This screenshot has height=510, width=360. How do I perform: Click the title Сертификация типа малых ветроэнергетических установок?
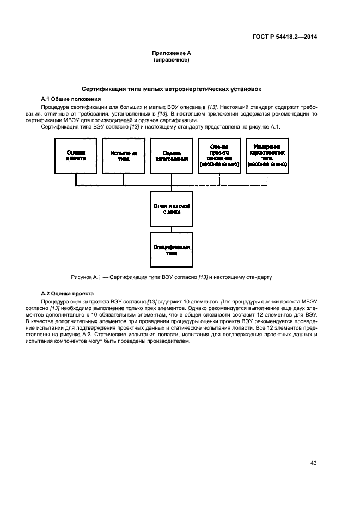(172, 88)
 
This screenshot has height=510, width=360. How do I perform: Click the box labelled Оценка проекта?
(76, 156)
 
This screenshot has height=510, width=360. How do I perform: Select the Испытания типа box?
(124, 156)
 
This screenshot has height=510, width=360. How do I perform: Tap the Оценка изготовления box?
(172, 156)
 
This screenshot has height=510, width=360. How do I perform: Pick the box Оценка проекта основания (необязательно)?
(219, 156)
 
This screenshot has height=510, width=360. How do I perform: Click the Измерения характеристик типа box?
(267, 156)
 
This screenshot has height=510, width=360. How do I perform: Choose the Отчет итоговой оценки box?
(172, 209)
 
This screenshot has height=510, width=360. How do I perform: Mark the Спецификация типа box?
(172, 250)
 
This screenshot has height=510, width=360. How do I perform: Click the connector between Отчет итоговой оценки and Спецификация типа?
(172, 229)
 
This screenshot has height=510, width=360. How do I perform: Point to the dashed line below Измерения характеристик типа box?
(267, 179)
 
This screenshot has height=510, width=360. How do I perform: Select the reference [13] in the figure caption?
(203, 277)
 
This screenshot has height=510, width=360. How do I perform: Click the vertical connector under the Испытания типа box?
(124, 179)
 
